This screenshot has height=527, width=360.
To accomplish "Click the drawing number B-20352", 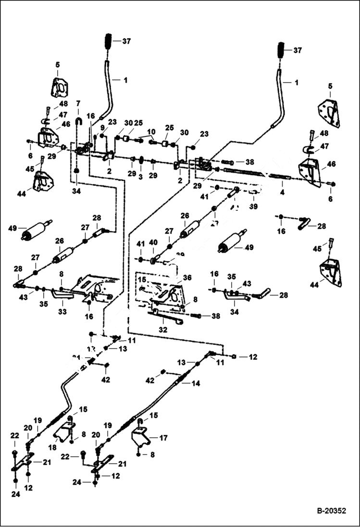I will [331, 511].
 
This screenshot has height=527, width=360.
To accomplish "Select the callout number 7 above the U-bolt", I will [78, 103].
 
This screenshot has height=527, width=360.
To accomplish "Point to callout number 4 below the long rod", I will [282, 192].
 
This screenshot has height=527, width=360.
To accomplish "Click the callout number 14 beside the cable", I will [196, 383].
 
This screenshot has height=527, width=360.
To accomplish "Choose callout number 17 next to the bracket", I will [164, 438].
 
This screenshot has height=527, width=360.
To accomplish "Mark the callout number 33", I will [62, 311].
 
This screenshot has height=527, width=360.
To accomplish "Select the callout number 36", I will [187, 277].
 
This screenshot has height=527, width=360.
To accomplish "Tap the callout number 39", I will [253, 206].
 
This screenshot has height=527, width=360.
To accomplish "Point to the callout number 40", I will [152, 243].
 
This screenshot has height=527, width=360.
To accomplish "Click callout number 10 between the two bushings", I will [151, 132].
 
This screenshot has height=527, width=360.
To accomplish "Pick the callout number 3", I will [141, 176].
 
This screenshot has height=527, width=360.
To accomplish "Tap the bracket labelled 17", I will [140, 435].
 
